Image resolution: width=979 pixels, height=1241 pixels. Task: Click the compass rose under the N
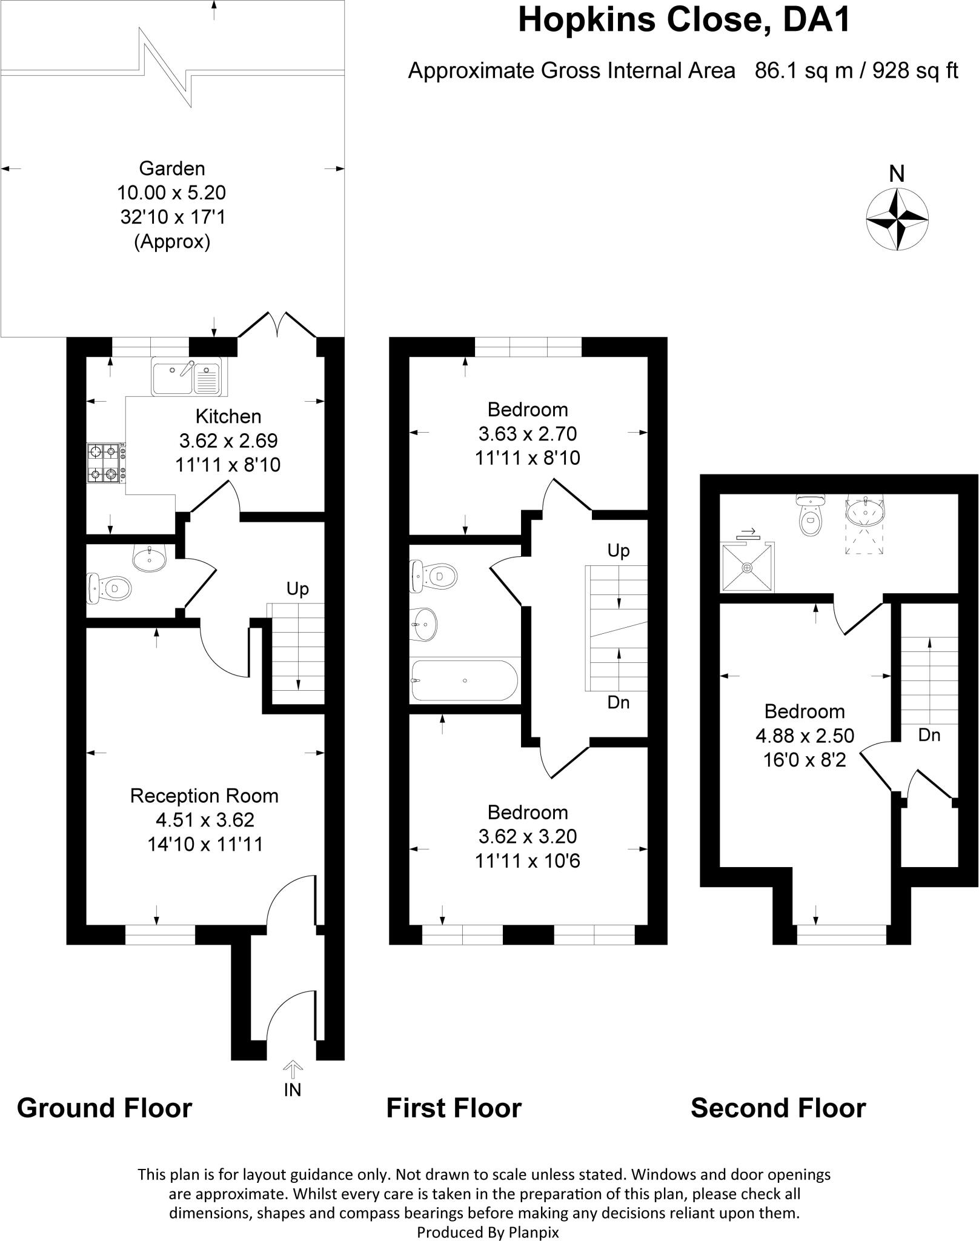click(897, 219)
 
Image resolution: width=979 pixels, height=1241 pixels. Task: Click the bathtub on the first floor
click(465, 680)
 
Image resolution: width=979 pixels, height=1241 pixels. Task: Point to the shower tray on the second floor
click(747, 567)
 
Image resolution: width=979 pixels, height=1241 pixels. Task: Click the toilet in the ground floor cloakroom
click(110, 588)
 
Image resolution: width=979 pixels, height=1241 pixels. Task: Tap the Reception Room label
click(204, 796)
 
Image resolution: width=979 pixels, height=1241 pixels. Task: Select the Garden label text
click(172, 168)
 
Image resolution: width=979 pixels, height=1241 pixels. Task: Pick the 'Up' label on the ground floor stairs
click(297, 588)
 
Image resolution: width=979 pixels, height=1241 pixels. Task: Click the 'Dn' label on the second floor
click(929, 735)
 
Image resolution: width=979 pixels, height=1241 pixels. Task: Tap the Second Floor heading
click(778, 1108)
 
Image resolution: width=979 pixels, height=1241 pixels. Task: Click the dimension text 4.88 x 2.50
click(805, 736)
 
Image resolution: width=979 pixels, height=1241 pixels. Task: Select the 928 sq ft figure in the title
click(917, 71)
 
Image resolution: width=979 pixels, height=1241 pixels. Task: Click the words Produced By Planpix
click(488, 1232)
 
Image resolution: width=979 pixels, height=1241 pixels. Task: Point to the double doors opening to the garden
click(277, 324)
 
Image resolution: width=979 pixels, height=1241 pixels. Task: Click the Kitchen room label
click(228, 416)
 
